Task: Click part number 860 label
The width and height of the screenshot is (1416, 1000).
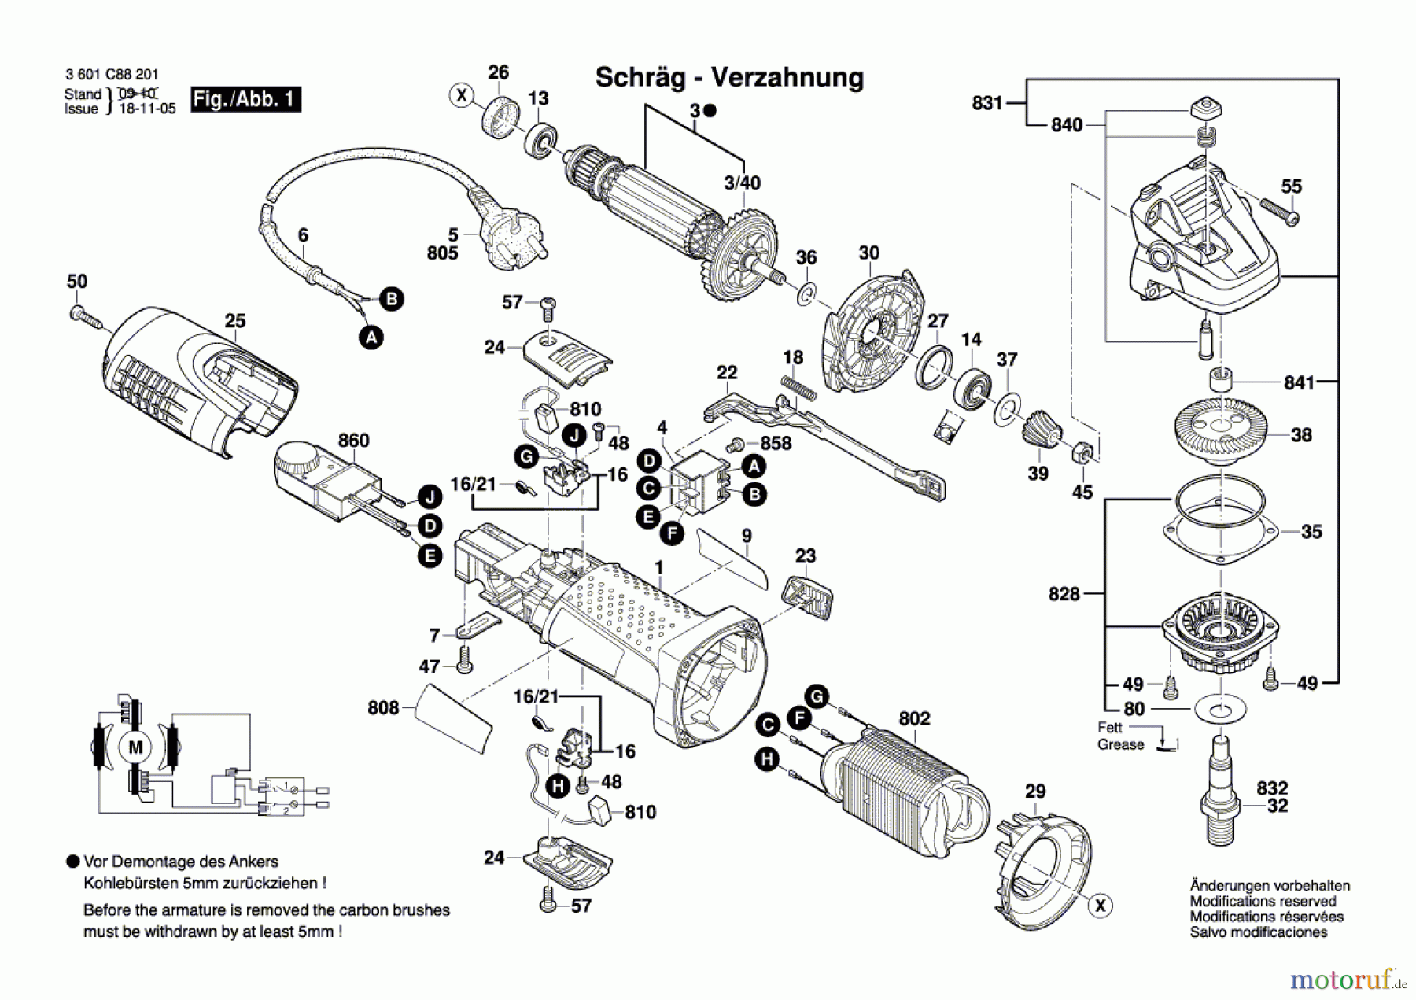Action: coord(353,441)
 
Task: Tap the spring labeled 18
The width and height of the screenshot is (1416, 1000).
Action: coord(798,387)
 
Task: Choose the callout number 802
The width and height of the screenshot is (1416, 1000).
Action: coord(914,718)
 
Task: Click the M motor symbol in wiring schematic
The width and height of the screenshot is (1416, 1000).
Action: coord(135,747)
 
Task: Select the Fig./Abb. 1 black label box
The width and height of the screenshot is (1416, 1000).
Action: coord(245,99)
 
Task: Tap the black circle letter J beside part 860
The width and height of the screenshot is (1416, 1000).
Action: coord(430,497)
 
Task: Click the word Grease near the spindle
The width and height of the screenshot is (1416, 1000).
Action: coord(1120,744)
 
